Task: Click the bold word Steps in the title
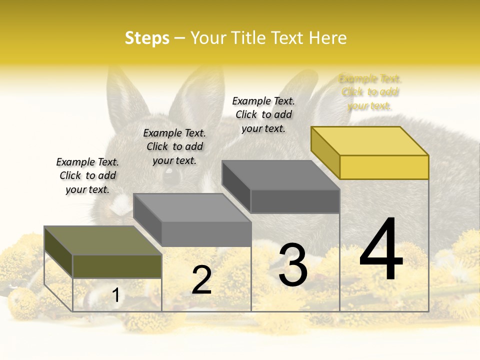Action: click(x=146, y=38)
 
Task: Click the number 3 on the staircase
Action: click(x=293, y=265)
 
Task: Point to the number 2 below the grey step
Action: click(x=201, y=280)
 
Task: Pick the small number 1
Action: click(x=116, y=295)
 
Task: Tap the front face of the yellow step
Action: click(x=384, y=167)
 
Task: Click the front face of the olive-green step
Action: click(x=117, y=266)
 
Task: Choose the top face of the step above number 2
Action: click(x=192, y=207)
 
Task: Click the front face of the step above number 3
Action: click(x=295, y=201)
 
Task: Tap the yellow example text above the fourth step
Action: click(x=370, y=92)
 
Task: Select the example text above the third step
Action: click(x=263, y=114)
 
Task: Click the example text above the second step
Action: click(x=174, y=146)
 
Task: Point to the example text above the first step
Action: click(x=87, y=175)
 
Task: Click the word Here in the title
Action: click(x=328, y=38)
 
